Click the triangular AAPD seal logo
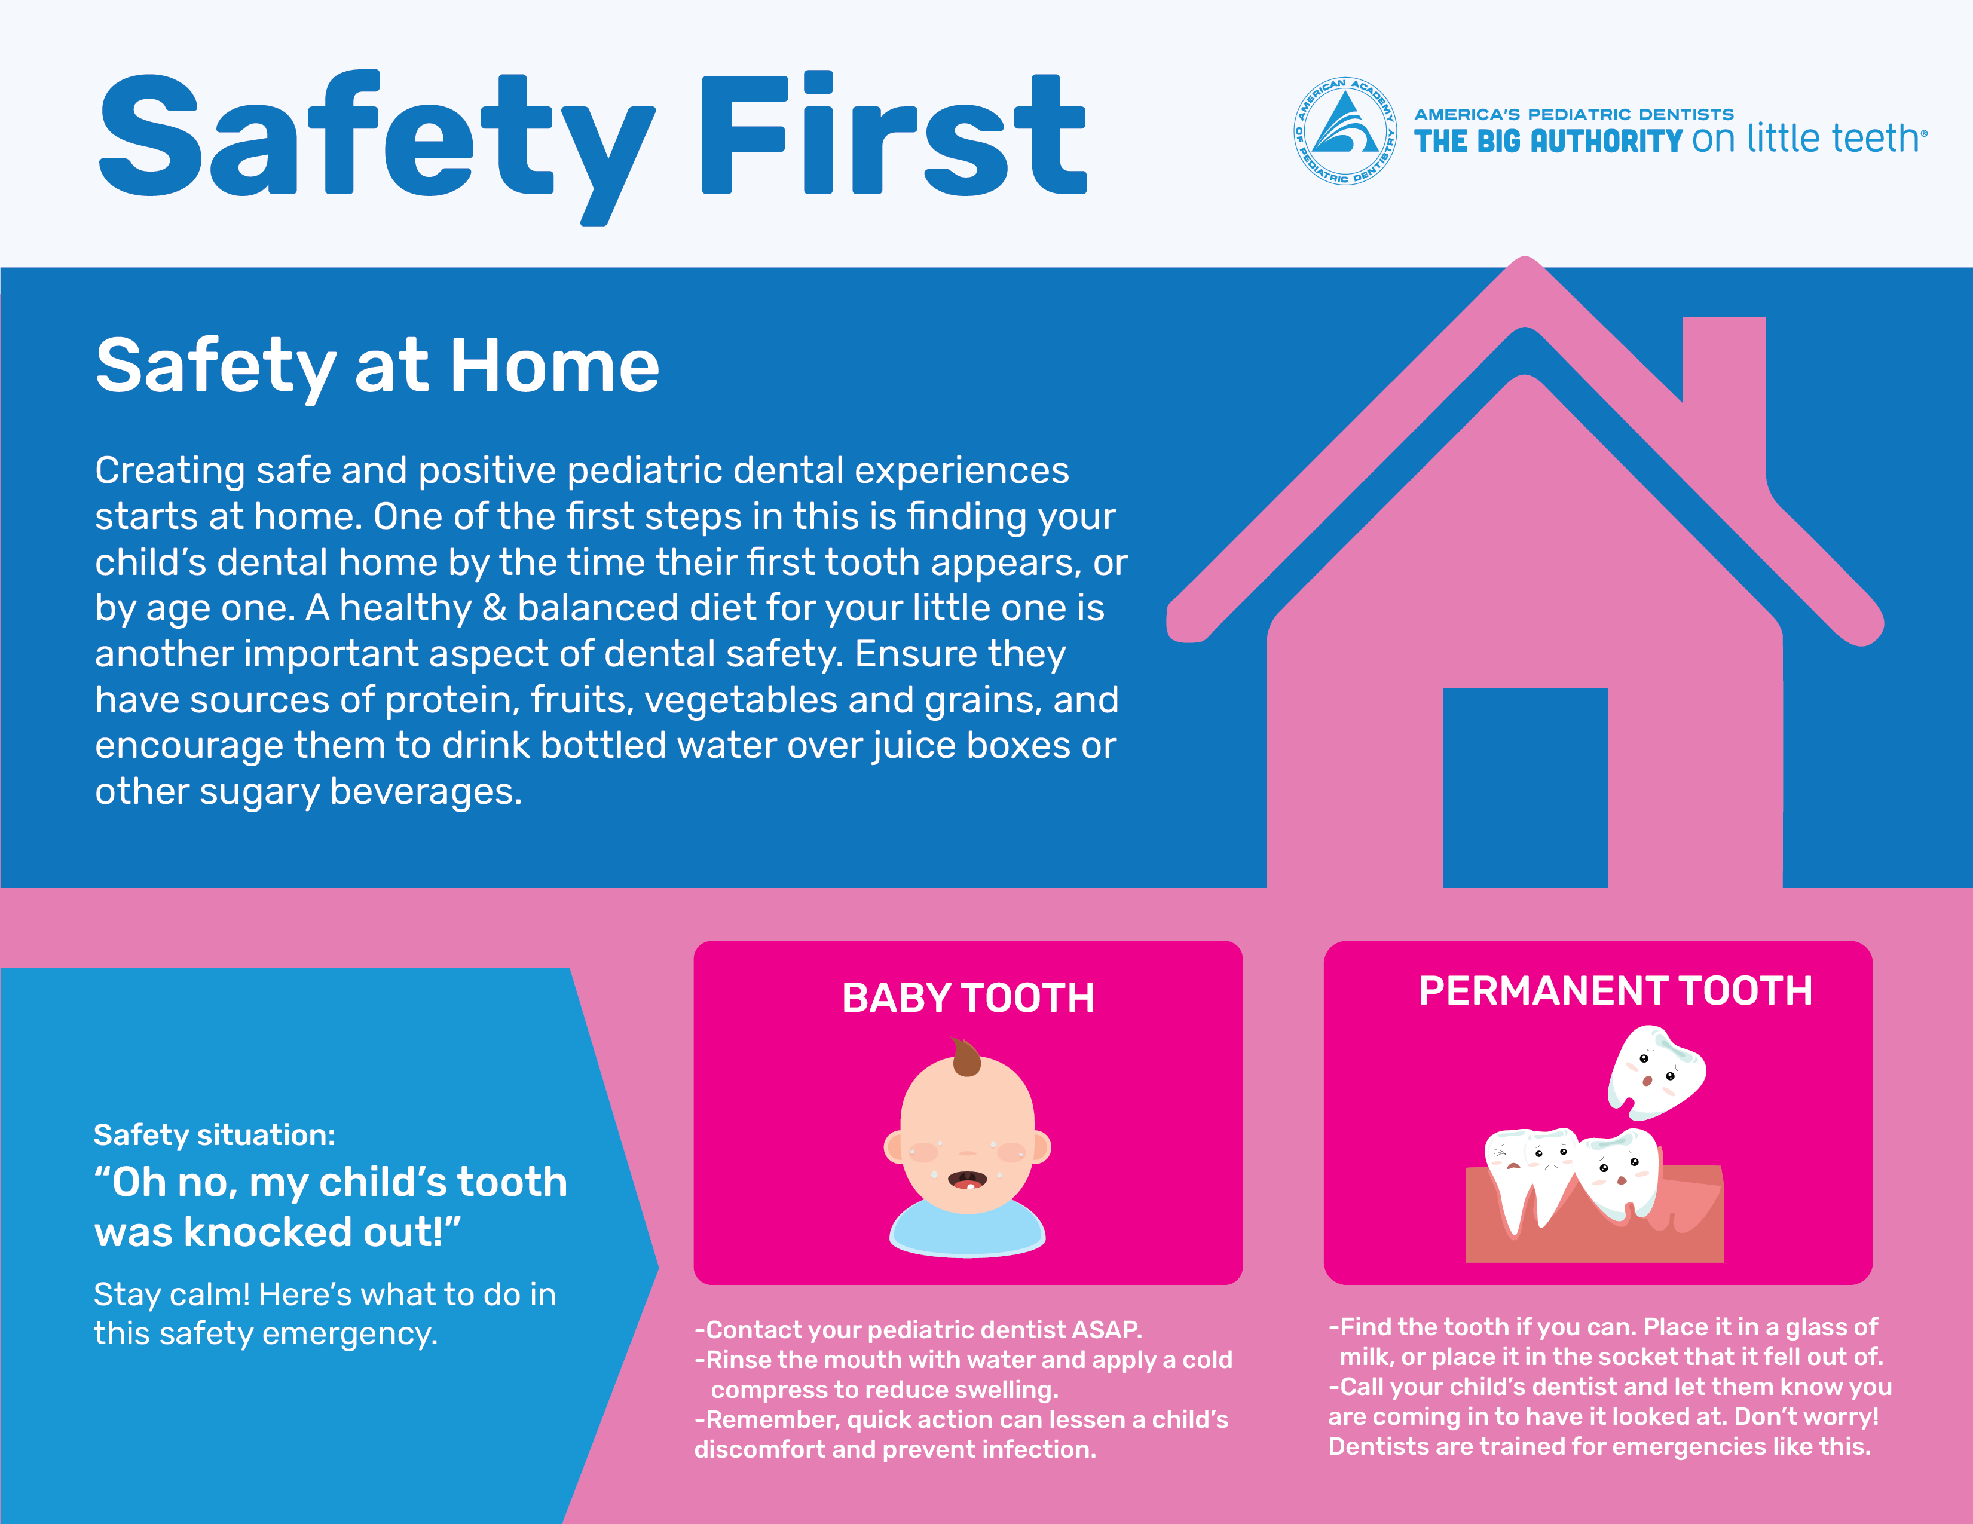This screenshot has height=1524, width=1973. click(x=1345, y=131)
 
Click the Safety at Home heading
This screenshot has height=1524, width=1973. click(x=378, y=365)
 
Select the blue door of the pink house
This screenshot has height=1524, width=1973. click(x=1525, y=788)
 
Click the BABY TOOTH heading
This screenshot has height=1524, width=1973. click(x=968, y=998)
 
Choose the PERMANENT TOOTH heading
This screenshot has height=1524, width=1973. click(x=1615, y=991)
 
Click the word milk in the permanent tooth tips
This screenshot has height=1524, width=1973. click(x=1365, y=1357)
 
